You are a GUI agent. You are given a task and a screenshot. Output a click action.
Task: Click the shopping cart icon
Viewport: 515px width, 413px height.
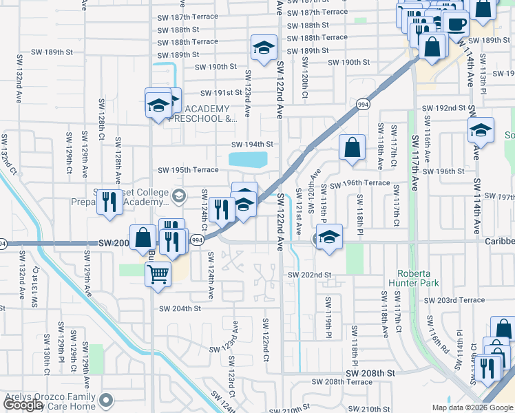coord(158,274)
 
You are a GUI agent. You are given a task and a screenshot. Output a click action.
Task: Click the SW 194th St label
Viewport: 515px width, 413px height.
coord(252,145)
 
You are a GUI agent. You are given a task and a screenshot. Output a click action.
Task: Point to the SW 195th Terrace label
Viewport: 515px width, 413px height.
coord(188,170)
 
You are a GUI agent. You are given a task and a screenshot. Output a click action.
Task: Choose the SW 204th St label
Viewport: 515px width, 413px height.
coord(179,309)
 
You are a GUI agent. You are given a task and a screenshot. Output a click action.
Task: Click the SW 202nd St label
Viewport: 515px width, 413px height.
coord(310,275)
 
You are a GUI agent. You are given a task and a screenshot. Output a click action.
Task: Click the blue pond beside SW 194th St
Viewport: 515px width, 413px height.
coord(247,160)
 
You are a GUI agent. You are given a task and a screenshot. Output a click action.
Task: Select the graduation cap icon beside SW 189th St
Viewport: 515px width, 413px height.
coord(262,47)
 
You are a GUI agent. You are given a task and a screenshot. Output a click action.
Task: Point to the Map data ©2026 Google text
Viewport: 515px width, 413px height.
coord(471,407)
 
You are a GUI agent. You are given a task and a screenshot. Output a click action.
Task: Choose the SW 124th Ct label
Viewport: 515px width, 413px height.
coord(204,204)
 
